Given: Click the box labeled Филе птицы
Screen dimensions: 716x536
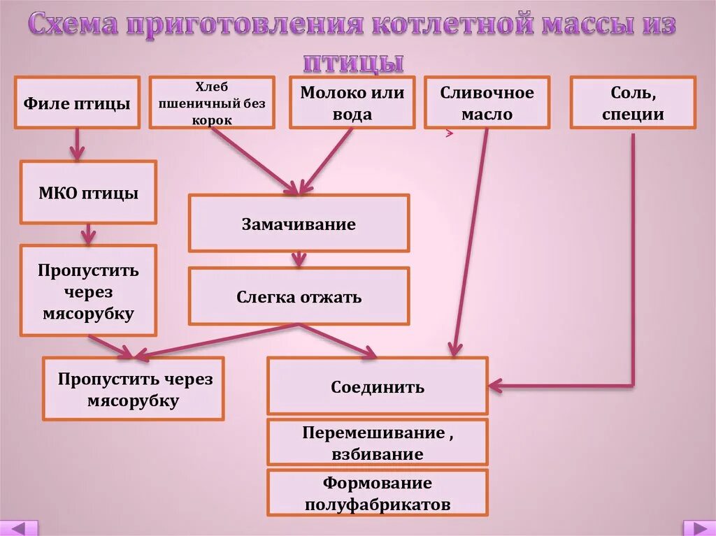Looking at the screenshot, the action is (x=77, y=103).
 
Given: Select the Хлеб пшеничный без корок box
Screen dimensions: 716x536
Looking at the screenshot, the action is (x=211, y=103).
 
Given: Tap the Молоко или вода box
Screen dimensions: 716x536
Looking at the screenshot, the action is (x=352, y=103).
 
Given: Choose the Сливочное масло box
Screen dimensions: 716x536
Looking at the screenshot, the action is (x=487, y=103).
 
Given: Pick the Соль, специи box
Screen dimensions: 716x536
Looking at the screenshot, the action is (x=633, y=103).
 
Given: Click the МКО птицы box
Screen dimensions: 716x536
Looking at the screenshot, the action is (x=88, y=192).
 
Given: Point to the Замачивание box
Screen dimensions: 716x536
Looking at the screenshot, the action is (x=299, y=224).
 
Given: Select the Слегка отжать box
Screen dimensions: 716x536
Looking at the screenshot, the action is (x=299, y=296).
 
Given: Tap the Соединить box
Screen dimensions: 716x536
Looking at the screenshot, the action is (x=378, y=386).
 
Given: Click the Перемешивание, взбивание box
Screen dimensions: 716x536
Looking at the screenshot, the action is (x=378, y=442).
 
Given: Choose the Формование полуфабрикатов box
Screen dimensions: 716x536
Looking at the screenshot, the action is (x=378, y=493).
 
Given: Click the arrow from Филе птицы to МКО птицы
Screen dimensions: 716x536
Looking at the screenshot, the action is (x=76, y=145).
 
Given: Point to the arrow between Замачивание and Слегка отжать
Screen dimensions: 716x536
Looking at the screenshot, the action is (x=299, y=259).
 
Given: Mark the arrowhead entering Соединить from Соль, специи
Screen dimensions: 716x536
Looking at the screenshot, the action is (x=496, y=384).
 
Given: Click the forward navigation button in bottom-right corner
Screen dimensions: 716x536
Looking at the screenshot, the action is (x=698, y=528).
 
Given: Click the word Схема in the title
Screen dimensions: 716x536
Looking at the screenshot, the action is (x=77, y=26).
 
